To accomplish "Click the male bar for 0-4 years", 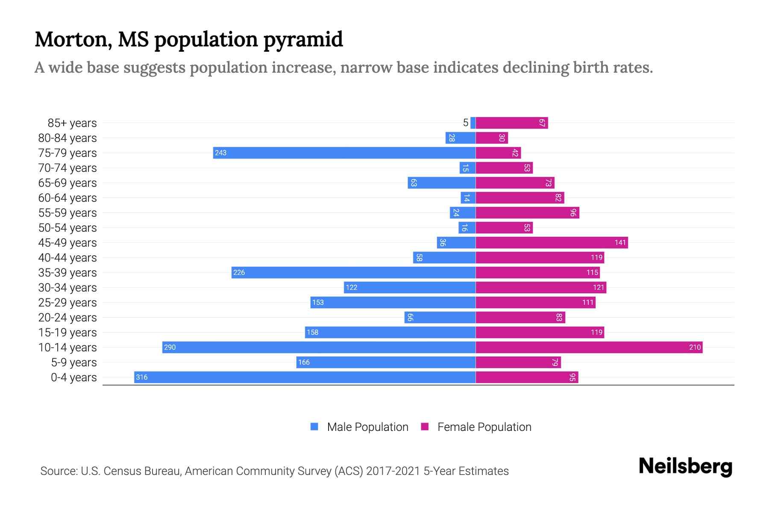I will (x=305, y=377).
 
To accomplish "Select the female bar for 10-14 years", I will (x=589, y=347).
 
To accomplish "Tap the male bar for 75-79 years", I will (x=344, y=153).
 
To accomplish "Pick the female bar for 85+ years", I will (x=511, y=123).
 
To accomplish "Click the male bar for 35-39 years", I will (x=353, y=272).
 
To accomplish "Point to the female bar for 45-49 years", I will (x=552, y=242).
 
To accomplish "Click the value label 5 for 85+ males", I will (x=465, y=123).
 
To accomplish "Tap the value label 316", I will (x=141, y=377).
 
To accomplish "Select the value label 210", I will (x=695, y=347).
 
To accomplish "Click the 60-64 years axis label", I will (x=68, y=198).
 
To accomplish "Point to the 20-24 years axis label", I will (x=68, y=318).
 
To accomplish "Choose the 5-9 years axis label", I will (x=73, y=363).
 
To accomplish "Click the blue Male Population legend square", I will (x=314, y=427).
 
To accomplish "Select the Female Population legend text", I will (x=484, y=427).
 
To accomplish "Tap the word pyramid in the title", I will (x=302, y=40).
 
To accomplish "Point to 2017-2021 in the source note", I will (x=393, y=471).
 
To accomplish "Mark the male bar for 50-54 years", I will (x=467, y=227).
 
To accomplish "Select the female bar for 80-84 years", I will (x=491, y=138).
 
